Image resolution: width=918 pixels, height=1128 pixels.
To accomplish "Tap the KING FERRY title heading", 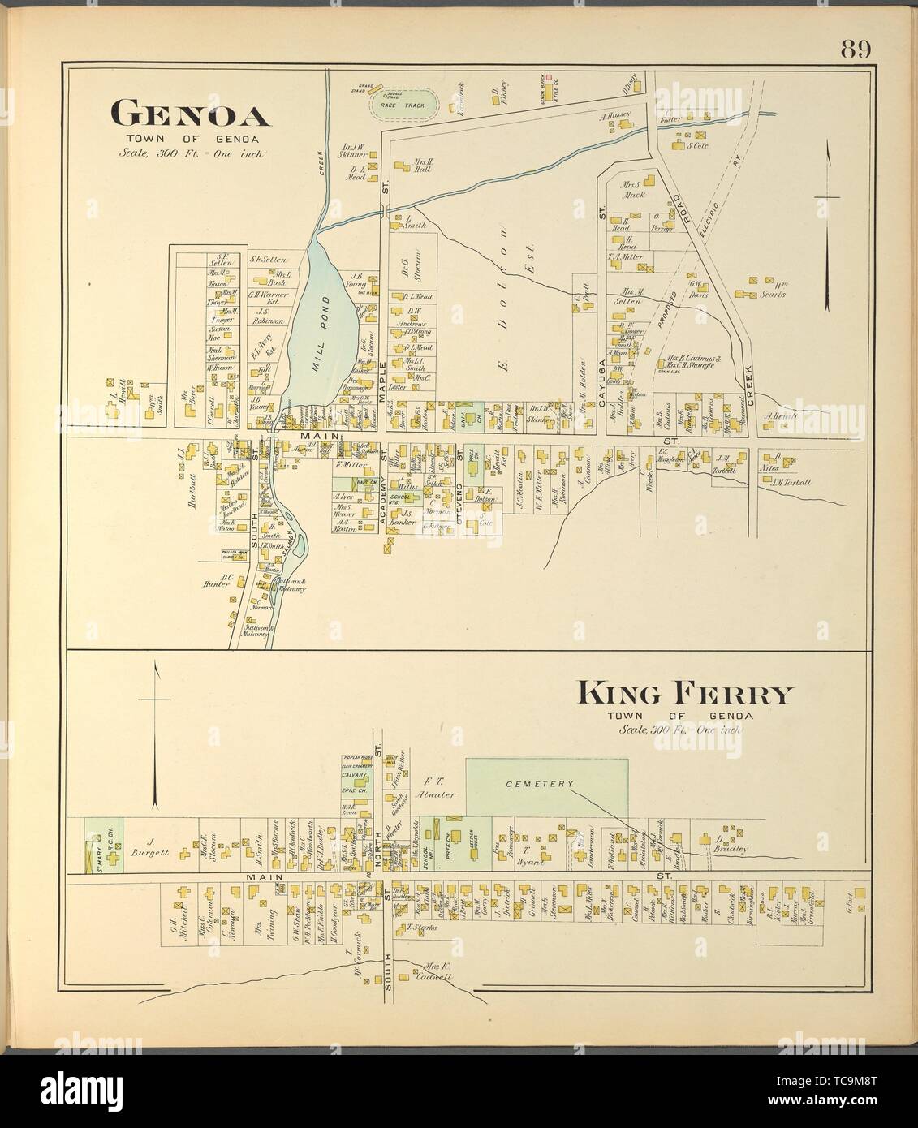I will click(683, 695).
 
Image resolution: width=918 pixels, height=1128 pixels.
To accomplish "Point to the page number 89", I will click(855, 50).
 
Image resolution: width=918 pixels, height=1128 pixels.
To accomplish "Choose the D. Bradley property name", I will click(730, 844).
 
